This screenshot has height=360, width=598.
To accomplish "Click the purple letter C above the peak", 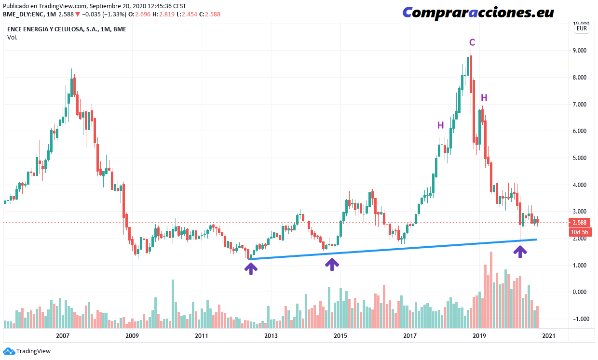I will click(472, 42).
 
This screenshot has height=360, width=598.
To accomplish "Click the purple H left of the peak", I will click(440, 125).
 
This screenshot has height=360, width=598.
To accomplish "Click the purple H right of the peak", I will click(484, 98).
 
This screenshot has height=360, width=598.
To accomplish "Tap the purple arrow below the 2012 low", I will click(250, 267).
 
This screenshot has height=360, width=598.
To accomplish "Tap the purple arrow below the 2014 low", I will click(332, 264).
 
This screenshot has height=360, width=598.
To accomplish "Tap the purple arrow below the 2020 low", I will click(519, 251).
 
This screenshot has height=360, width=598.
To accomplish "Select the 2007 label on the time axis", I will click(63, 335).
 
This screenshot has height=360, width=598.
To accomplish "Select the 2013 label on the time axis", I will click(271, 335).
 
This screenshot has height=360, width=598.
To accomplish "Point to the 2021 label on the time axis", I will click(549, 335).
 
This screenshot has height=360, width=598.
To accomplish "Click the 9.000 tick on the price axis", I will click(578, 51).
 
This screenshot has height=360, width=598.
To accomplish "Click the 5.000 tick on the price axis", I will click(578, 158).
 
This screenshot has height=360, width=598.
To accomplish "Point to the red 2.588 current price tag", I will click(578, 223).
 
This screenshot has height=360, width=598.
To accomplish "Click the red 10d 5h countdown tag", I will click(578, 232).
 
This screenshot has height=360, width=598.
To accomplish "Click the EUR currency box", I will click(581, 28).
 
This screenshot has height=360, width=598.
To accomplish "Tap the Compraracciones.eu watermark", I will click(478, 13).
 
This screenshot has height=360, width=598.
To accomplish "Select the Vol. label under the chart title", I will click(13, 38).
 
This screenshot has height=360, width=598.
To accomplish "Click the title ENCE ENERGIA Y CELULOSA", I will click(53, 29).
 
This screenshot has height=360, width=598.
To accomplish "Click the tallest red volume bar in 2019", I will click(491, 289).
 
